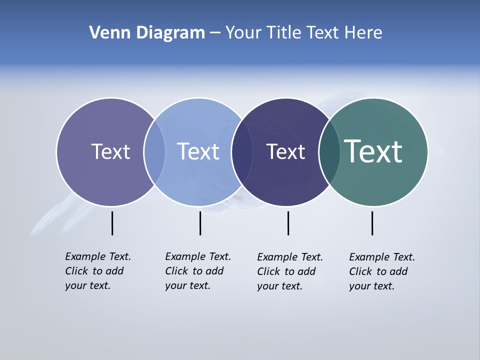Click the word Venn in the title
click(x=105, y=32)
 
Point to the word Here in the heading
click(x=363, y=32)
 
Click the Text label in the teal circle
click(x=373, y=151)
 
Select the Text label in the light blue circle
click(x=198, y=151)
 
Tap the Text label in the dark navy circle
click(x=285, y=152)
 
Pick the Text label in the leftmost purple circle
click(x=110, y=151)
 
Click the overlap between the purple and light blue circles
click(x=154, y=152)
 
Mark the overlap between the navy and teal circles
click(x=329, y=152)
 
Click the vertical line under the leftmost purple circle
click(x=112, y=223)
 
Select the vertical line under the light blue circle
click(x=200, y=223)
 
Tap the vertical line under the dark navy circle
click(x=288, y=223)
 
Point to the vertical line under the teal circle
click(x=372, y=223)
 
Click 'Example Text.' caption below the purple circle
click(x=98, y=256)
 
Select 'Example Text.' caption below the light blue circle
click(x=198, y=256)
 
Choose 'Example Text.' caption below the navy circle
click(x=290, y=257)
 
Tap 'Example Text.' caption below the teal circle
click(x=382, y=257)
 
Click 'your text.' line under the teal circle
click(x=371, y=286)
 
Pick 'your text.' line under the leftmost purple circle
click(x=87, y=285)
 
